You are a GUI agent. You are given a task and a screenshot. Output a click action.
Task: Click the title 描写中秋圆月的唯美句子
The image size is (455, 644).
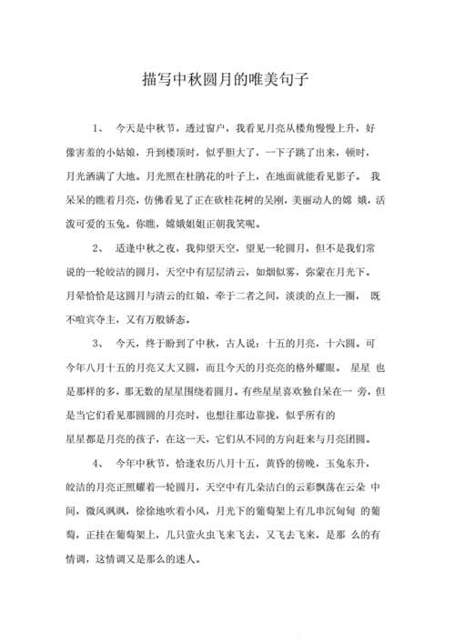coord(227,79)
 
